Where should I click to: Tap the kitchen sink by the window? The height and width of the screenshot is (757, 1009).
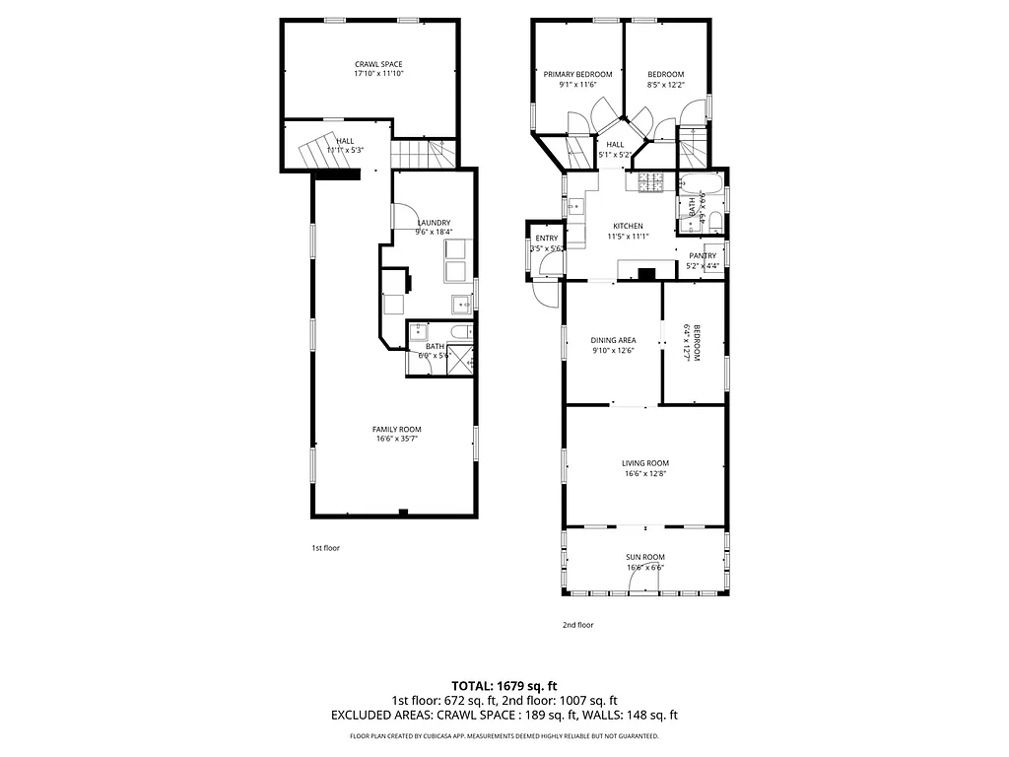(575, 207)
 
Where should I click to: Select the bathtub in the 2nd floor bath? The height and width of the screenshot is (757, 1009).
(708, 182)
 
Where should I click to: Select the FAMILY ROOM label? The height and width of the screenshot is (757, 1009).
(396, 429)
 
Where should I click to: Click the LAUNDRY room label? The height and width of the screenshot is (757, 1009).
(434, 222)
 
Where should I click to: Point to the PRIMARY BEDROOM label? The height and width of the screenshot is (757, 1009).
(578, 74)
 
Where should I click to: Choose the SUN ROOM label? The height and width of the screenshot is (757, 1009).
(645, 557)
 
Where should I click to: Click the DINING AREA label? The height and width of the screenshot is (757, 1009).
(613, 340)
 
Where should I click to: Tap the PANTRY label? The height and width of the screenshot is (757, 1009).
(703, 255)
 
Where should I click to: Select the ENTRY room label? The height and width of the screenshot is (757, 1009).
(546, 239)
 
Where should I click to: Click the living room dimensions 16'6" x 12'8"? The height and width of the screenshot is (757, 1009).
(645, 474)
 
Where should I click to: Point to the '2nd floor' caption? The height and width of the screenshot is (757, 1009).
(577, 624)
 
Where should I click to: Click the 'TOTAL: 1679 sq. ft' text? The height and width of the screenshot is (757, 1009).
(504, 685)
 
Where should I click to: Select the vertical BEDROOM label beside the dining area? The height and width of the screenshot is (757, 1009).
(697, 343)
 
